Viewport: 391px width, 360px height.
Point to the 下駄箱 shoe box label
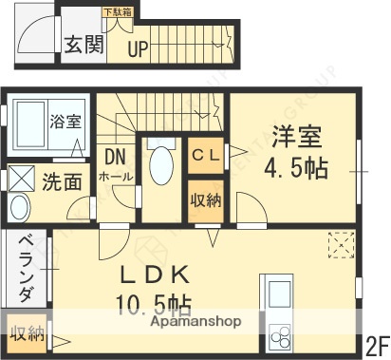pos(118,12)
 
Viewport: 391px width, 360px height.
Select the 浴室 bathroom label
pos(66,122)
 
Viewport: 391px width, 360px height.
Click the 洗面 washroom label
pos(60,180)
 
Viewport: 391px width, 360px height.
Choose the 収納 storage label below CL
pos(206,199)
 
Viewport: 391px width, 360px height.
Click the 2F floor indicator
pos(376,343)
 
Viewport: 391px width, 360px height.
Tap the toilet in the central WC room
pos(160,163)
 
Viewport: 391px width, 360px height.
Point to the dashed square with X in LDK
pos(340,246)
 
